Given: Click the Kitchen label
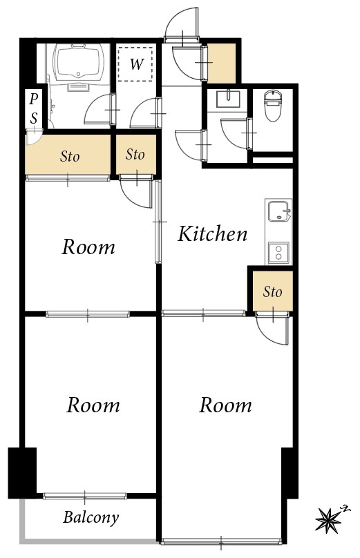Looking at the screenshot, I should coord(212,234).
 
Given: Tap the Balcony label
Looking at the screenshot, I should coord(91,517).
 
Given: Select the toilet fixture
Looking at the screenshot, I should coord(274,106).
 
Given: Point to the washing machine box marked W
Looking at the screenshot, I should coord(137,65).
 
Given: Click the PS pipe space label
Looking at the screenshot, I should coord(34,109).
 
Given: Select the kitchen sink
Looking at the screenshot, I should coord(278,211).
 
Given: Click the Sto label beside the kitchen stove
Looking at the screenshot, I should coord(272,292).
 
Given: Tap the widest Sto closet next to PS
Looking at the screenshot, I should coord(69,156).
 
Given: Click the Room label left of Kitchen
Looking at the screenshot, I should coord(88,247).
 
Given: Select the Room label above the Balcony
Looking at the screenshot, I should coord(93,405).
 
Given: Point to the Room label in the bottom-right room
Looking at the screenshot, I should coord(225,405).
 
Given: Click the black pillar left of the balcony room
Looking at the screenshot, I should coord(22,472).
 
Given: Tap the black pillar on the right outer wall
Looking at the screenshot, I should coord(290,472).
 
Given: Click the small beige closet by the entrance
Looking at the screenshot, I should coord(222,63).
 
